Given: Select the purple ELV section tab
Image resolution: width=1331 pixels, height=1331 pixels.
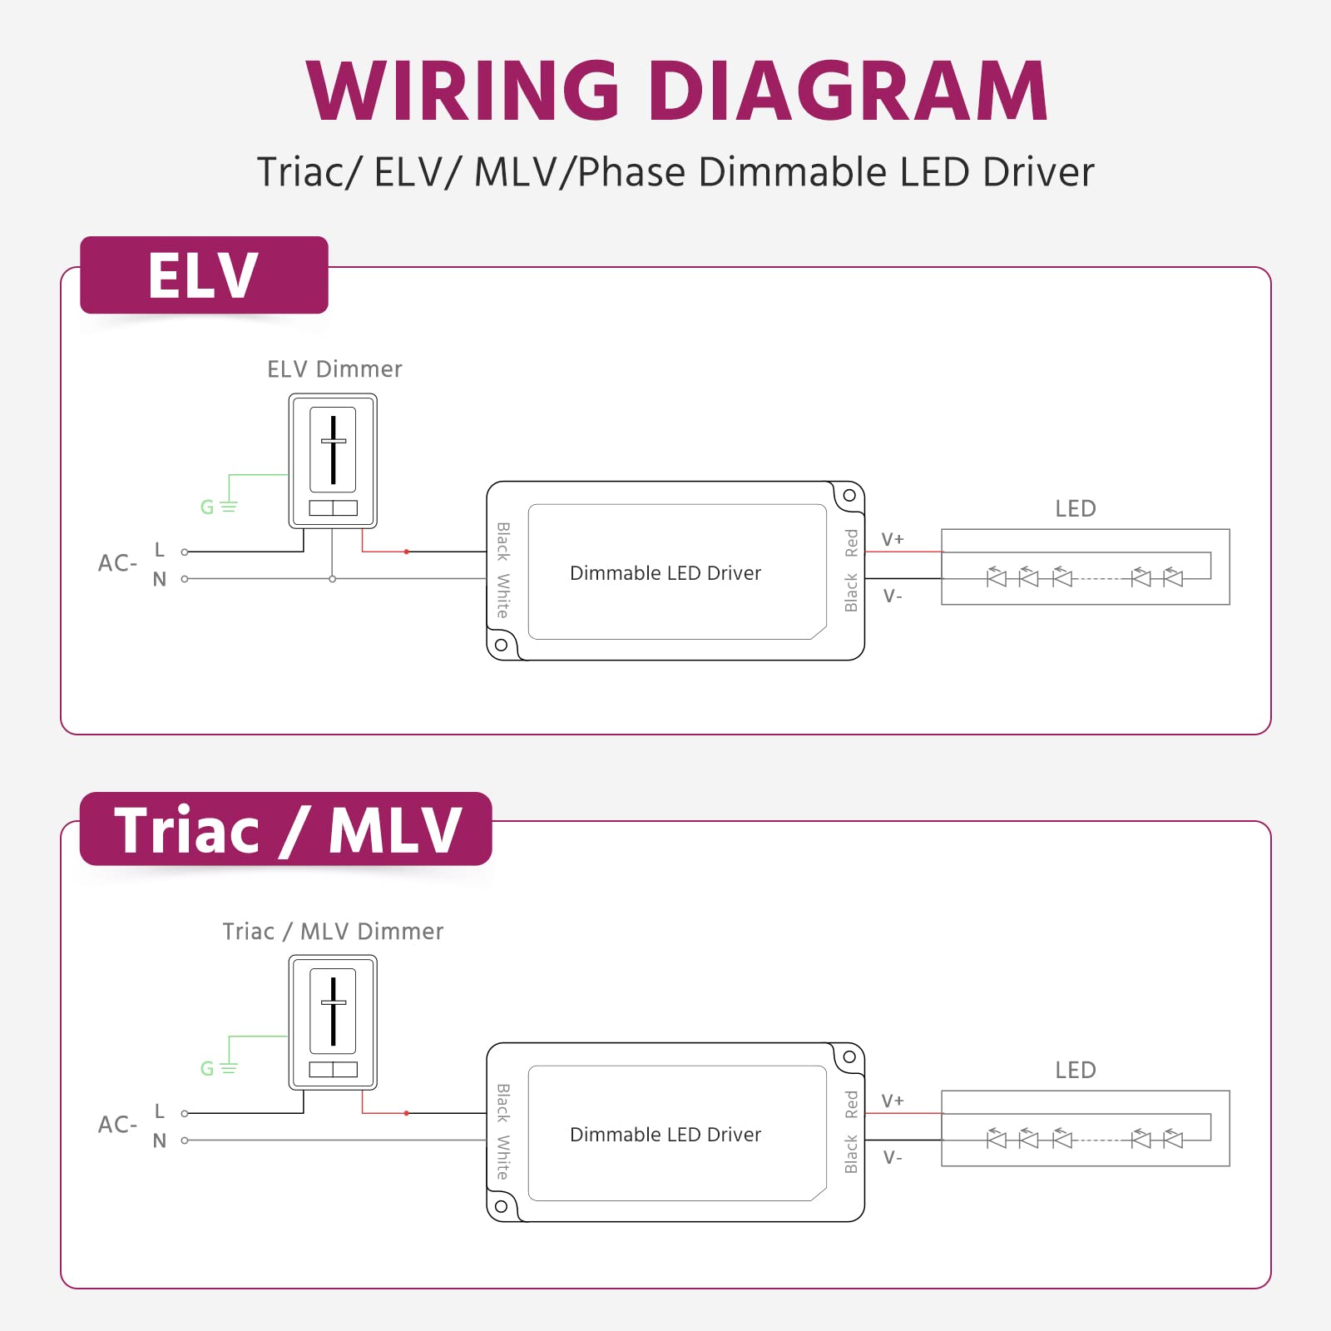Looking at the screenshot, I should (x=204, y=275).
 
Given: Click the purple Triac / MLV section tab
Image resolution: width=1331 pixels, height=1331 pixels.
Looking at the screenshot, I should (x=286, y=829).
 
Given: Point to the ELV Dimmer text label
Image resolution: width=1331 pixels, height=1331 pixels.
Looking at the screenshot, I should (x=334, y=369).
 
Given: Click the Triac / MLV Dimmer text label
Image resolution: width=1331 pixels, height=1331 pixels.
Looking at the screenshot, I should (x=333, y=932).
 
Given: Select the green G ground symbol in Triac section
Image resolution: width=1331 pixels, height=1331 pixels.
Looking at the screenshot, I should (x=218, y=1068).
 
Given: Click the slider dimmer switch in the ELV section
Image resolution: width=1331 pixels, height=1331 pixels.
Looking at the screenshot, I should (x=333, y=460).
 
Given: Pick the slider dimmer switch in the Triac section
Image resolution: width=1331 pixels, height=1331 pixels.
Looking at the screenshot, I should (x=333, y=1022).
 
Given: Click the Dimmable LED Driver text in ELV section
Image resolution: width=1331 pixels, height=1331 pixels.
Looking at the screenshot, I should (x=665, y=573).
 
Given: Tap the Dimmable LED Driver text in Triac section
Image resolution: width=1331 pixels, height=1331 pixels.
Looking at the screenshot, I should (x=665, y=1135).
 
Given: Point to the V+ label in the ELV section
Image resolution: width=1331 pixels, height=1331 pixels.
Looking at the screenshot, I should (x=893, y=539).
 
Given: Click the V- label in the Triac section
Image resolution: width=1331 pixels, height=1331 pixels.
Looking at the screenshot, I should (x=893, y=1157).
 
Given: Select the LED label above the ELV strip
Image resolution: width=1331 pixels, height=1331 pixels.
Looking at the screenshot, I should (x=1076, y=508).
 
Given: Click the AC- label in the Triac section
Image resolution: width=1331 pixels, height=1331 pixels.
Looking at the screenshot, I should (x=117, y=1125).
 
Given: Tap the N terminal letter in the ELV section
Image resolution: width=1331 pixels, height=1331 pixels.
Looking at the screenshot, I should (x=160, y=579).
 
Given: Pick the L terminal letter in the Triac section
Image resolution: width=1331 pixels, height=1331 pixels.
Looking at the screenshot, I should (x=160, y=1111).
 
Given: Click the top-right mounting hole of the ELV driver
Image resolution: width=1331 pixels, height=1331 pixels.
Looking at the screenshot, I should (x=849, y=496).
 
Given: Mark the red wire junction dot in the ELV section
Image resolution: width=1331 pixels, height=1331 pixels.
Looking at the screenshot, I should (x=406, y=552).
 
